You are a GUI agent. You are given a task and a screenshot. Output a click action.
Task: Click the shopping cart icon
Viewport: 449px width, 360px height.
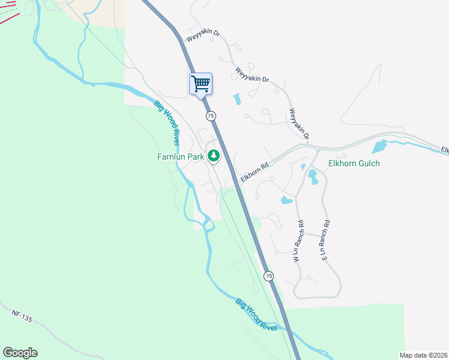pyautogui.click(x=200, y=83)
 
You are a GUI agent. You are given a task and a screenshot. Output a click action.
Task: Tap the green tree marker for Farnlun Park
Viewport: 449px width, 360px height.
pyautogui.click(x=213, y=156)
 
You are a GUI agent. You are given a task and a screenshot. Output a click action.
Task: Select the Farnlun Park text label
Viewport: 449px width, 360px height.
pyautogui.click(x=181, y=157)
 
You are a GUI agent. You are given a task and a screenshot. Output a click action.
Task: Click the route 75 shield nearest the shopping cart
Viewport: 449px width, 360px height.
pyautogui.click(x=210, y=115)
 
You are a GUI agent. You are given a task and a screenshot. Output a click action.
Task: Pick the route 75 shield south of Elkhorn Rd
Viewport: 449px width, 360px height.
pyautogui.click(x=268, y=275)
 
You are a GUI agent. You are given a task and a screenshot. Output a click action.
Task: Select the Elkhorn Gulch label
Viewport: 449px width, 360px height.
pyautogui.click(x=354, y=163)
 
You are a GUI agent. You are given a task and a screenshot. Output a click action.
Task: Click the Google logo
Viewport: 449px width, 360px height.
pyautogui.click(x=20, y=353)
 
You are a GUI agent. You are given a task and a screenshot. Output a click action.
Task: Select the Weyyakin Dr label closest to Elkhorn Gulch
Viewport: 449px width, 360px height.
pyautogui.click(x=298, y=124)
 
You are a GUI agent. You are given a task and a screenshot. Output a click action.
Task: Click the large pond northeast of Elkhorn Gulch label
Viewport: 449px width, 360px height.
pyautogui.click(x=379, y=146)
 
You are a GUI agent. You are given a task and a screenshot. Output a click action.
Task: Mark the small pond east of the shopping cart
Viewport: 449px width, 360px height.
pyautogui.click(x=237, y=98)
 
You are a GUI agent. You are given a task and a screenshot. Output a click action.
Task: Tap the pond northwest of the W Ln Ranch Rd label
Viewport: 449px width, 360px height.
pyautogui.click(x=286, y=200)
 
